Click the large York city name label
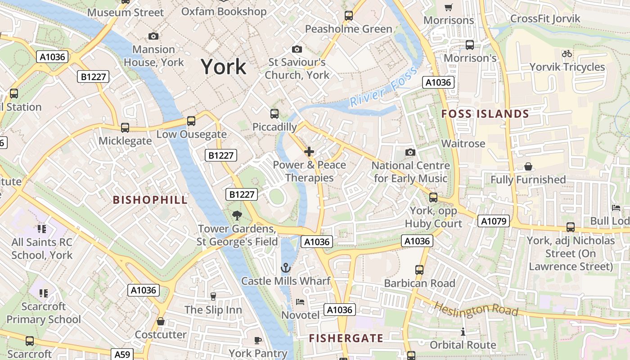[224, 67]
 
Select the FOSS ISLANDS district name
[485, 114]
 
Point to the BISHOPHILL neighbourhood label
[150, 200]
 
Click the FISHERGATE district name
[346, 338]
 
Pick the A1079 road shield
[494, 221]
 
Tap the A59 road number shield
[122, 355]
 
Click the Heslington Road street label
[476, 309]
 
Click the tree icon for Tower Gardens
[237, 216]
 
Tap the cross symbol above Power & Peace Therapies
[309, 152]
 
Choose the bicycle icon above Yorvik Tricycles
[567, 54]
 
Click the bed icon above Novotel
[300, 301]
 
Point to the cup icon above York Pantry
[258, 340]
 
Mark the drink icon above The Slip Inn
[213, 296]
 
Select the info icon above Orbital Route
[463, 332]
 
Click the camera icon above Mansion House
[153, 36]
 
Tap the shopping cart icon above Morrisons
[448, 7]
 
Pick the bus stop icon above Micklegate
[125, 127]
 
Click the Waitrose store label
[463, 144]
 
